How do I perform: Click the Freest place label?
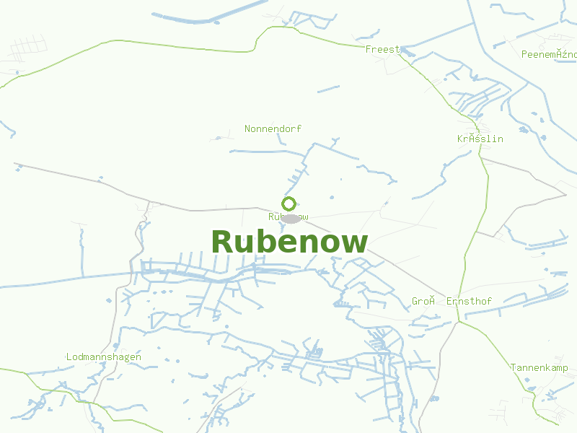tap(382, 49)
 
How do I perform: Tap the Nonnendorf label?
tap(273, 128)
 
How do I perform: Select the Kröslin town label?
tap(480, 139)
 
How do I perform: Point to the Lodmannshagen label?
tap(103, 357)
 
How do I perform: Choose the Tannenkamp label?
tap(539, 367)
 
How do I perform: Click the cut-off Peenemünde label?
tap(549, 54)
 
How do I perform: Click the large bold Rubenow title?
tap(289, 242)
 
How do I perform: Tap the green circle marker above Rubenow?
tap(289, 204)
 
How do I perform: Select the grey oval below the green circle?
tap(291, 218)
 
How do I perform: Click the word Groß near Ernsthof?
tap(423, 301)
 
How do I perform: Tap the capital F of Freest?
tap(369, 49)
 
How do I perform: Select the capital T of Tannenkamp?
tap(514, 367)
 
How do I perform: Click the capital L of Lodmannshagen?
tap(69, 357)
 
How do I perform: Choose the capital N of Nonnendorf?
tap(248, 128)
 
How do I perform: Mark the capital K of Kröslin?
tap(460, 139)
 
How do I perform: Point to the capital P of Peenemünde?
tap(524, 54)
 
